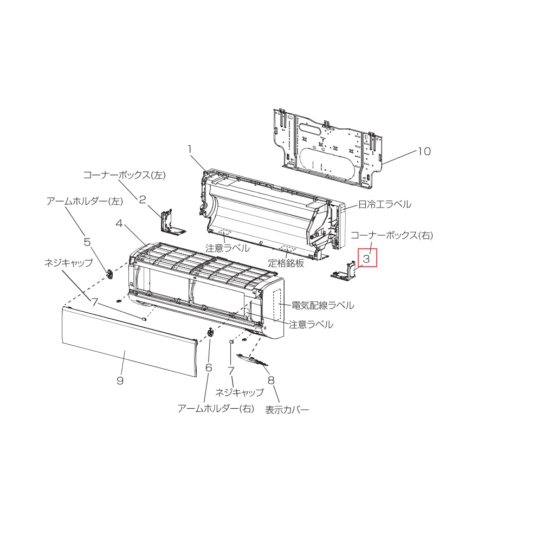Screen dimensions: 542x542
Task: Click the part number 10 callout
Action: (x=424, y=151)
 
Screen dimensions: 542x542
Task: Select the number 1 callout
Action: (x=189, y=150)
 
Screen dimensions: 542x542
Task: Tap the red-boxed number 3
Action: (x=367, y=258)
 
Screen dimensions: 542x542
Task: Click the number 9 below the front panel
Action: (x=120, y=380)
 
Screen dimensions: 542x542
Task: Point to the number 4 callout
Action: (x=119, y=224)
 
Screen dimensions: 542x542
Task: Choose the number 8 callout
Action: (x=271, y=380)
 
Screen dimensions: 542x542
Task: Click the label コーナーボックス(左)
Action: (x=125, y=175)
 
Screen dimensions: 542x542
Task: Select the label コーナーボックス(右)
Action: (x=392, y=235)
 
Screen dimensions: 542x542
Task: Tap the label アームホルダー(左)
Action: (x=85, y=201)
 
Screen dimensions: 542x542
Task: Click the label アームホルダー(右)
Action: (x=216, y=409)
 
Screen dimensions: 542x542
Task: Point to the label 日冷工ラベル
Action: (x=385, y=204)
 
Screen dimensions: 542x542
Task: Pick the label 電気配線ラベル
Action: (x=323, y=305)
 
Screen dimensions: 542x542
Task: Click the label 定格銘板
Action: (x=286, y=263)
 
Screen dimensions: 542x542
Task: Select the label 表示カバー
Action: (x=287, y=410)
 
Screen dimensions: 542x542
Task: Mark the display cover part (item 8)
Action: (x=253, y=359)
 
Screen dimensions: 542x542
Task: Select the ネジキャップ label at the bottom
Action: (x=239, y=392)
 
